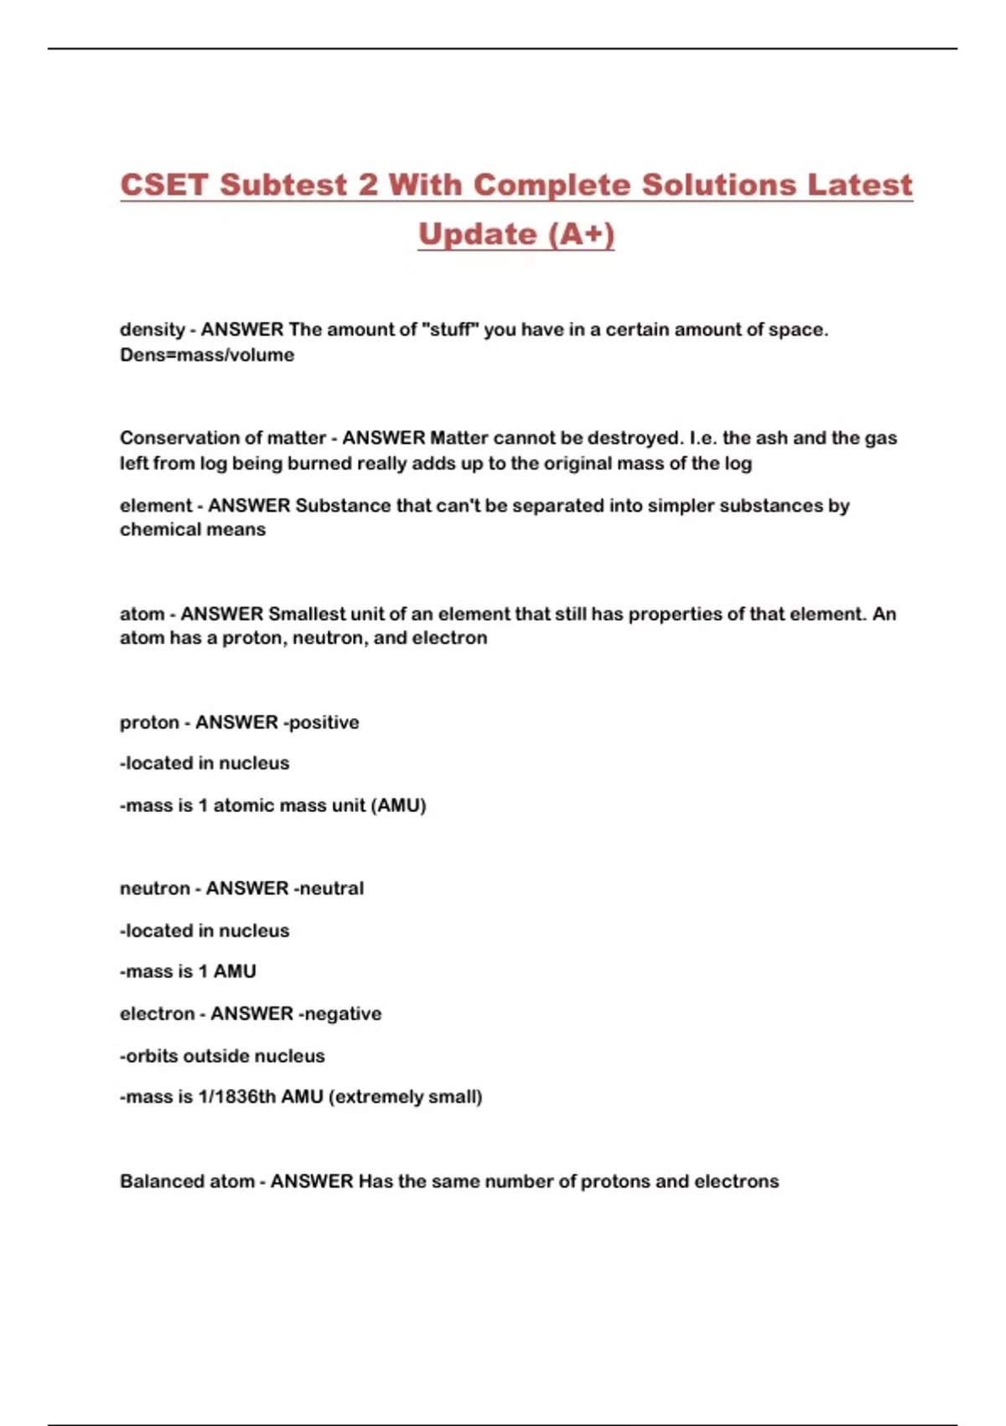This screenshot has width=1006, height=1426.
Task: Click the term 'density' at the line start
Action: click(x=152, y=330)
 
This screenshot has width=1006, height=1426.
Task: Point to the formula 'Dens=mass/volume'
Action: click(x=207, y=355)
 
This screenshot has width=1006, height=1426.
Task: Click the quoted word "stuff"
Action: click(x=449, y=330)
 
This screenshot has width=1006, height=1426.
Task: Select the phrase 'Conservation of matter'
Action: click(x=222, y=438)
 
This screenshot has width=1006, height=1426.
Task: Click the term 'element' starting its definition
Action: click(x=156, y=506)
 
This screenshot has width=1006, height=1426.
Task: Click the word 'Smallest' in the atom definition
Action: click(x=306, y=614)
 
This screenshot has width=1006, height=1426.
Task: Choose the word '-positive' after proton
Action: click(x=321, y=722)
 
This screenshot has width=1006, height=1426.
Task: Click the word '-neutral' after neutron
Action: click(x=327, y=888)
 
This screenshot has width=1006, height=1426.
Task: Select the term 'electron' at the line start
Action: click(x=157, y=1013)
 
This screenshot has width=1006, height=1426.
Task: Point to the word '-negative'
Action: click(x=340, y=1013)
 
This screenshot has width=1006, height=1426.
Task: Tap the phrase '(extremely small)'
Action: click(x=405, y=1096)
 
